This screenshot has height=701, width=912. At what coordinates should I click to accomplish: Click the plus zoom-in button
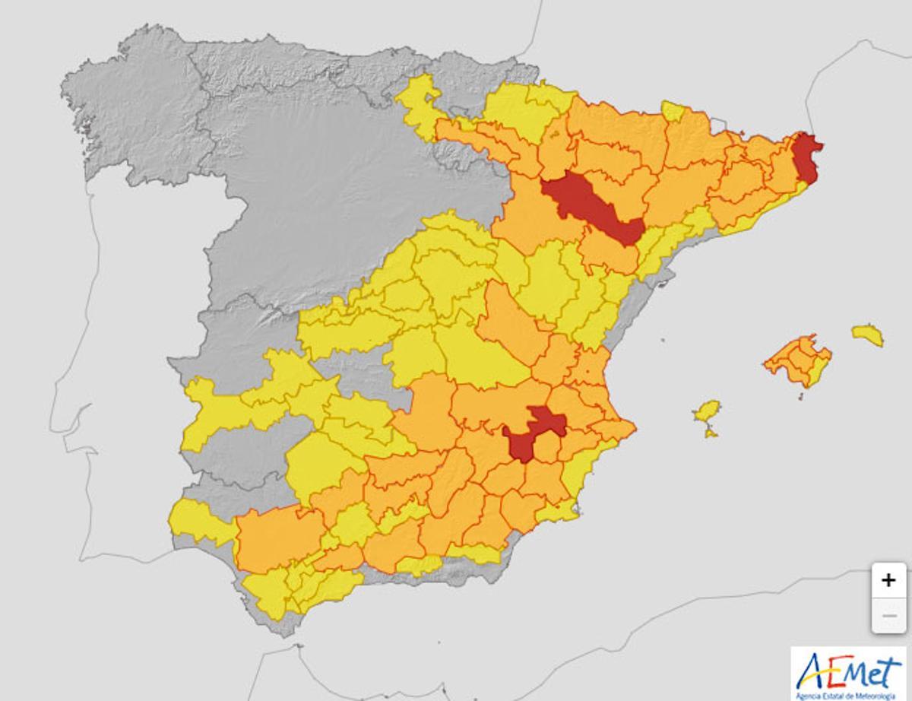click(x=888, y=581)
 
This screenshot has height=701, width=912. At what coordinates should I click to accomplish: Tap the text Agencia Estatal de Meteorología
click(x=850, y=695)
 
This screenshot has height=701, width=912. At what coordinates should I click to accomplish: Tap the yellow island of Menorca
click(x=867, y=335)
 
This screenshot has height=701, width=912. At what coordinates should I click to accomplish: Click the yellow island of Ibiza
click(x=708, y=411)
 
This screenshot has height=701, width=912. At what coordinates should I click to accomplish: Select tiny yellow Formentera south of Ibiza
click(x=710, y=433)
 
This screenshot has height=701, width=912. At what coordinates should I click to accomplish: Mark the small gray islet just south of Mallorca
click(x=800, y=395)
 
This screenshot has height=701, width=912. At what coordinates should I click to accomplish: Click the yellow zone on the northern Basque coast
click(x=419, y=103)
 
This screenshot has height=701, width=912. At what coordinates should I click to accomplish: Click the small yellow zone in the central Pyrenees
click(x=673, y=111)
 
